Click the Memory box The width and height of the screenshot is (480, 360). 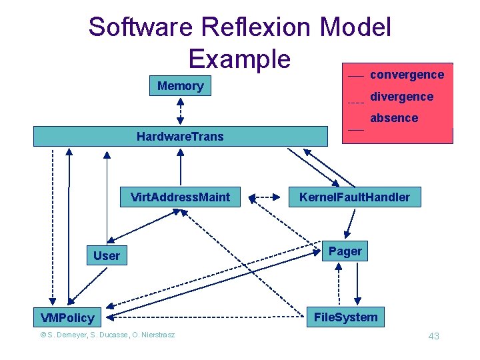point(180,86)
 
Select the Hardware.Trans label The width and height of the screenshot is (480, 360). point(180,137)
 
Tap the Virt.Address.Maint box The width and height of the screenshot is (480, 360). point(180,197)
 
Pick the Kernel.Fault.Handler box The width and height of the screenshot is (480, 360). point(355,197)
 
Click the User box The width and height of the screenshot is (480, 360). point(107,255)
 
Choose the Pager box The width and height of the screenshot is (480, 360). point(345,251)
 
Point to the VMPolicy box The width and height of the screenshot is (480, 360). point(67,317)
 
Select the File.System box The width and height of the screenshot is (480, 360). point(345,317)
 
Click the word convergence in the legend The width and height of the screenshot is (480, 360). point(407,75)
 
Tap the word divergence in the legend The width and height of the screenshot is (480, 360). point(401,97)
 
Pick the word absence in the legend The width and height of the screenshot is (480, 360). point(394,118)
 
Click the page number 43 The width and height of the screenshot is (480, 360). point(433,336)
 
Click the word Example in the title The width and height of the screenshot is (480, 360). point(239,58)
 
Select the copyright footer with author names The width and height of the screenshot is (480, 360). point(107,335)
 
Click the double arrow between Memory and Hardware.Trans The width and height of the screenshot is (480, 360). point(180,111)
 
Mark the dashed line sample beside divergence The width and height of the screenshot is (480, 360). point(356,103)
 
